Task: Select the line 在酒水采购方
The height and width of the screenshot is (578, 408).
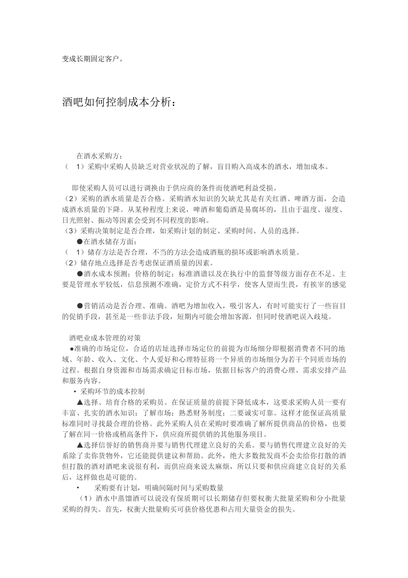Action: coord(101,155)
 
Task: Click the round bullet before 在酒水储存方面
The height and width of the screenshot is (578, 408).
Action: coord(79,242)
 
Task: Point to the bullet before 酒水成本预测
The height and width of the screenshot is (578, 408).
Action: coord(79,274)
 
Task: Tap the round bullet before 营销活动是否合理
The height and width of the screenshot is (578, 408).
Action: coord(79,306)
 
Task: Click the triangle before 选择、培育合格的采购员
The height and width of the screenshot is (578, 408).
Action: coord(79,402)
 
